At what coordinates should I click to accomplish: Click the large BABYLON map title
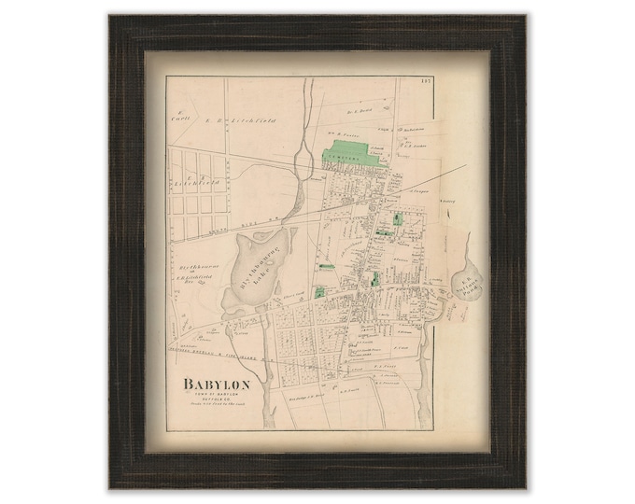click(x=223, y=384)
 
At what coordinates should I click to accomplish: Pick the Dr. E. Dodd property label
click(x=359, y=111)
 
